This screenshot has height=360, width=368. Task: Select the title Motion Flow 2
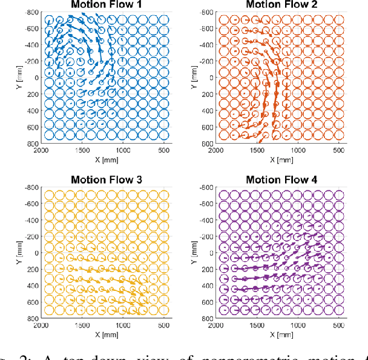(280, 5)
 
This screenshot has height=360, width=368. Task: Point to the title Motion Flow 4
(280, 179)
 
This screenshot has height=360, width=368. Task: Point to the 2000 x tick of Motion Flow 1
(41, 150)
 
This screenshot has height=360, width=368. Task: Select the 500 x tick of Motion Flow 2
(338, 150)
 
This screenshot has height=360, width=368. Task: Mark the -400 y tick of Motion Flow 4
(206, 220)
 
